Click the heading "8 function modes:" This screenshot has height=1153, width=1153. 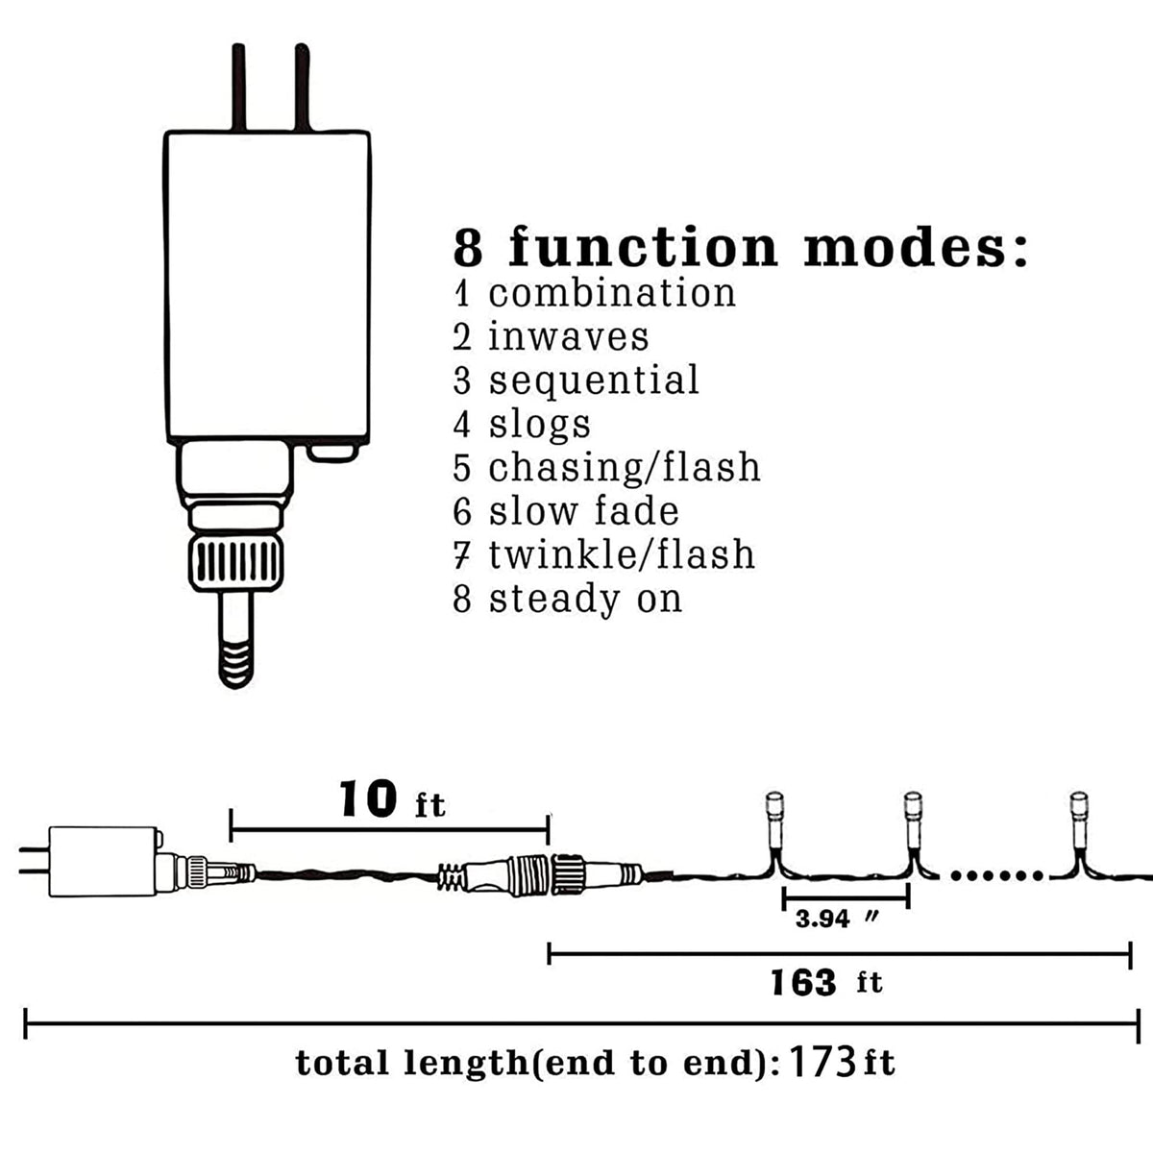[x=740, y=247]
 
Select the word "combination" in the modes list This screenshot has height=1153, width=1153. [x=612, y=293]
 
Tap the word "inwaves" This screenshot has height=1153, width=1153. [x=569, y=336]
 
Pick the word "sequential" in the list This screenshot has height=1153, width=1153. [x=594, y=380]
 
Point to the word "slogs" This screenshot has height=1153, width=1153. [x=540, y=425]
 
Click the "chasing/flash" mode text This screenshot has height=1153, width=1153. [x=625, y=467]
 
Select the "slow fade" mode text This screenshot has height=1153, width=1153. [x=583, y=511]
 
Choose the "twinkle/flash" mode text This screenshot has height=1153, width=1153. [x=622, y=554]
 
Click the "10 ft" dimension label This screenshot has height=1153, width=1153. [x=392, y=799]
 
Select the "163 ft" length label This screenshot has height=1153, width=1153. [x=826, y=983]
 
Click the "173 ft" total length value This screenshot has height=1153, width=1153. [x=842, y=1062]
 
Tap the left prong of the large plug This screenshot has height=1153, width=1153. [x=238, y=87]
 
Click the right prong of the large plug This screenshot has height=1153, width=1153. [x=302, y=87]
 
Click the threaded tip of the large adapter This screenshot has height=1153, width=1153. [x=235, y=665]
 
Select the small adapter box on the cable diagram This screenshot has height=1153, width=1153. [x=105, y=862]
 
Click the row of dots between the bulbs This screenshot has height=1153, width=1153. [x=996, y=876]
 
